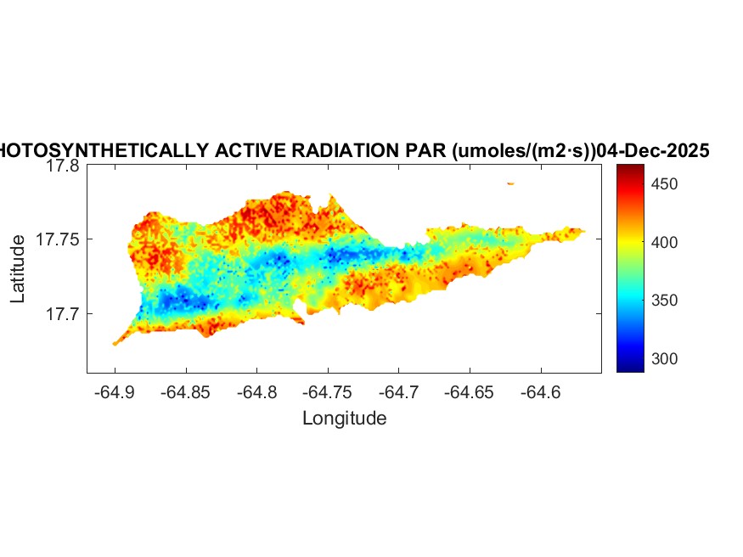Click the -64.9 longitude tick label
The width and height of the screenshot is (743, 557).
[x=115, y=392]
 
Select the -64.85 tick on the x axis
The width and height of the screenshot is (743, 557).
[x=186, y=392]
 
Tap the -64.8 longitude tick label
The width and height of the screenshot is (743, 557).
[x=257, y=392]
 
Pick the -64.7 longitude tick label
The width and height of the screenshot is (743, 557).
[x=399, y=392]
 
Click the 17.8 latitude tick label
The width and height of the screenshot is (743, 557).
[x=63, y=166]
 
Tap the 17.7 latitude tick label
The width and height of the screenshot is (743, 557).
[x=63, y=314]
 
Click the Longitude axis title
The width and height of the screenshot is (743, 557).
[x=344, y=418]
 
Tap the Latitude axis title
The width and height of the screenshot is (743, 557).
[x=19, y=269]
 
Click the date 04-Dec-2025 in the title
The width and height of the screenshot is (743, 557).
[x=653, y=151]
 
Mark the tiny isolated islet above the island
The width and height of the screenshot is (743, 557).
[x=510, y=183]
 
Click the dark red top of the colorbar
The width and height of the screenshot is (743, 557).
[x=630, y=170]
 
